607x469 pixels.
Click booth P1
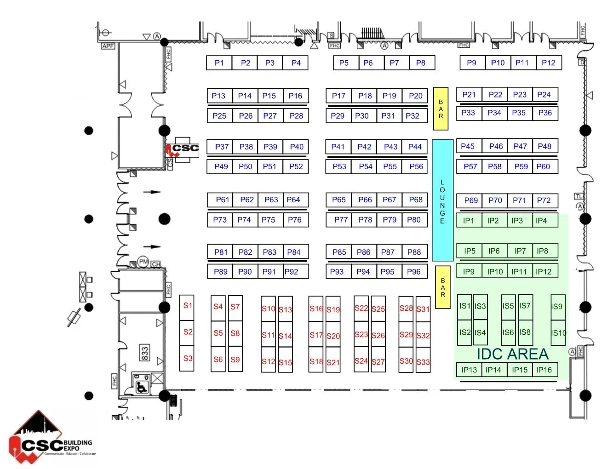click(x=219, y=63)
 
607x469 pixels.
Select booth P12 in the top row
click(x=549, y=63)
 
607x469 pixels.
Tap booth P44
click(x=415, y=147)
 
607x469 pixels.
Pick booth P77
click(x=341, y=220)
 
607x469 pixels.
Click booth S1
click(x=187, y=306)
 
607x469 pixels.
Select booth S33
click(x=423, y=362)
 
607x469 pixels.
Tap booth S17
click(x=316, y=335)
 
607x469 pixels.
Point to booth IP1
click(x=469, y=221)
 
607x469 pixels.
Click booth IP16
click(x=544, y=370)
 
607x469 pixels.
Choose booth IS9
click(x=557, y=307)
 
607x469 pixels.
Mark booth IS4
click(x=480, y=332)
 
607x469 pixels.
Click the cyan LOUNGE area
click(x=442, y=200)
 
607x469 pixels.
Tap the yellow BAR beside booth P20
click(x=441, y=109)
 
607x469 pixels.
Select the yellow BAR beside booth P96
click(x=443, y=287)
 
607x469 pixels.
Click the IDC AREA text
click(x=512, y=354)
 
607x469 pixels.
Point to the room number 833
click(x=145, y=353)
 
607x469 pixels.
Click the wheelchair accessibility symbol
click(x=141, y=387)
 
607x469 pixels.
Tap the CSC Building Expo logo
click(x=51, y=439)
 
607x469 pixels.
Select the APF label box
click(x=108, y=46)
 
